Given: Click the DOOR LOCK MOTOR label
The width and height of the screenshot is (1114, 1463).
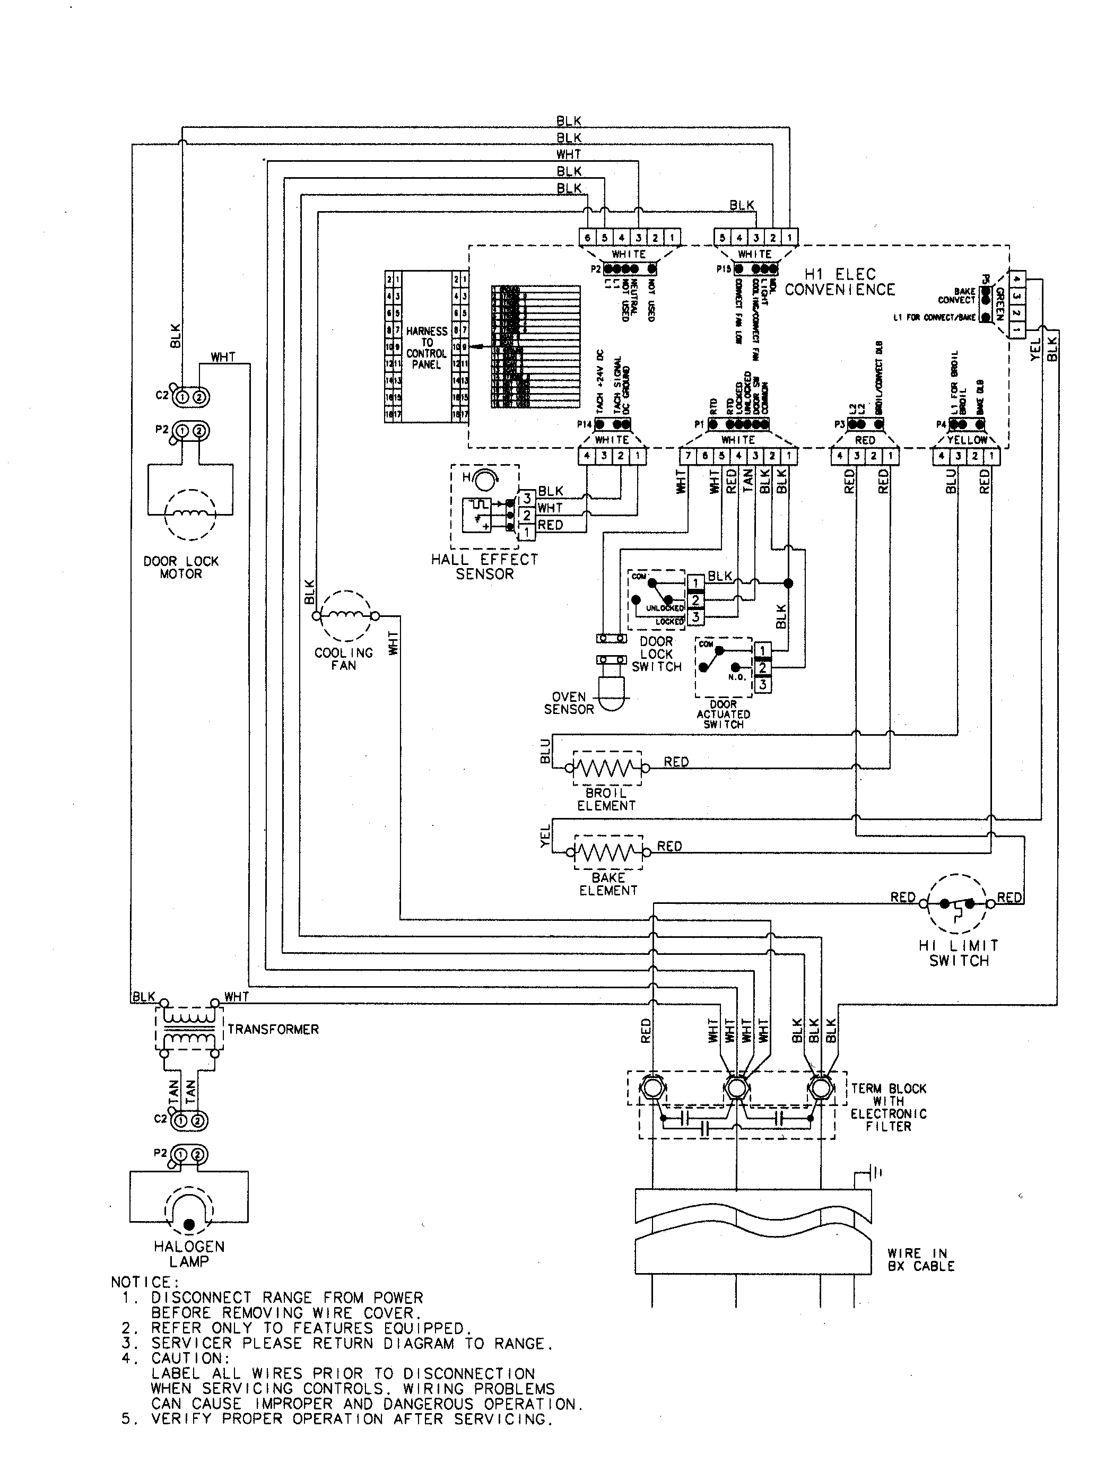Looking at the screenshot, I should (181, 568).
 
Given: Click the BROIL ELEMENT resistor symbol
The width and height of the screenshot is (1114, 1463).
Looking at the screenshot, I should (607, 768).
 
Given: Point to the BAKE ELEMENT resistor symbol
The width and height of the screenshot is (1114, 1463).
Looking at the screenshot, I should (608, 852).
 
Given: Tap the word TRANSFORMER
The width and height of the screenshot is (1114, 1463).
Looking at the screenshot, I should (273, 1030).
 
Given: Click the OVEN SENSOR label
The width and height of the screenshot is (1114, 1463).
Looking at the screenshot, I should (568, 703).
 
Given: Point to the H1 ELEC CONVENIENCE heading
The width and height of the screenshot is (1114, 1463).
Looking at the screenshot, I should (839, 282).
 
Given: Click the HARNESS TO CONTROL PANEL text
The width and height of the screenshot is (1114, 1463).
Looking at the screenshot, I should (427, 347).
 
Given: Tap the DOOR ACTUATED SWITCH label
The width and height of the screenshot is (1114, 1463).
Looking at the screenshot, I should (724, 715).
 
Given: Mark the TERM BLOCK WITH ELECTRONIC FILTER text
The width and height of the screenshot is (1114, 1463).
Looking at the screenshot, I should (889, 1107).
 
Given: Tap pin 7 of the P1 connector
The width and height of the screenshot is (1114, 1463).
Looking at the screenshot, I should (687, 456).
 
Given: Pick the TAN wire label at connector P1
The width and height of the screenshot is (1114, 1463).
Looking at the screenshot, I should (747, 481).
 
